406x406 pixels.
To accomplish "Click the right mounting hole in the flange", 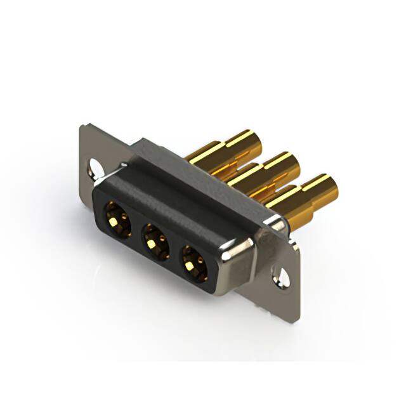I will [280, 277].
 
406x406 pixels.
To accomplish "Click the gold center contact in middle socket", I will [152, 241].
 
